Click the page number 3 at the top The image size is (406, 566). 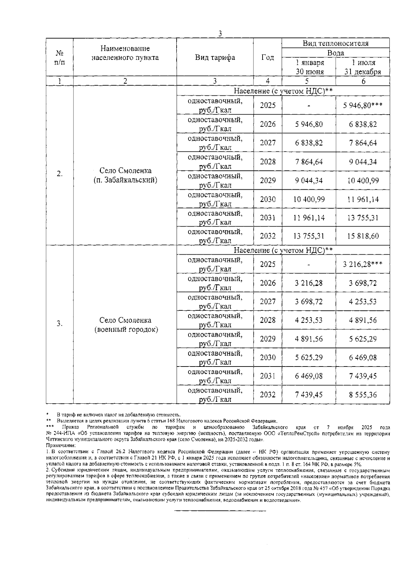220,33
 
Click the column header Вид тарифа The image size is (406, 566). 215,57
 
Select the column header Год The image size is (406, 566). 268,57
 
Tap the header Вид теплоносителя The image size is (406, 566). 335,43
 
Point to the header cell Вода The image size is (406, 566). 335,53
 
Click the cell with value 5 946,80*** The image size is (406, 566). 362,105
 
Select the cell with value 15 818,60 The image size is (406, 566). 362,236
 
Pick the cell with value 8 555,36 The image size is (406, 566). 362,395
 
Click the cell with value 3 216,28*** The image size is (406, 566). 362,264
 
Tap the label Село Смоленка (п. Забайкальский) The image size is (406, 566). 125,175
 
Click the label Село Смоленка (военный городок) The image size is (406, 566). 125,325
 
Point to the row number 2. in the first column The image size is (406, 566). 60,174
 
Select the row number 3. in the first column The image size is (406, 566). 60,324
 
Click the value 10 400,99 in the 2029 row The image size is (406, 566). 362,181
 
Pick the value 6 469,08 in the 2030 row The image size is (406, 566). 362,357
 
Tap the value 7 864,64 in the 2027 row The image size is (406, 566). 362,143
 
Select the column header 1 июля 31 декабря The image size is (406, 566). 362,67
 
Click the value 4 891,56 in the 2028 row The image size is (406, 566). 362,320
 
